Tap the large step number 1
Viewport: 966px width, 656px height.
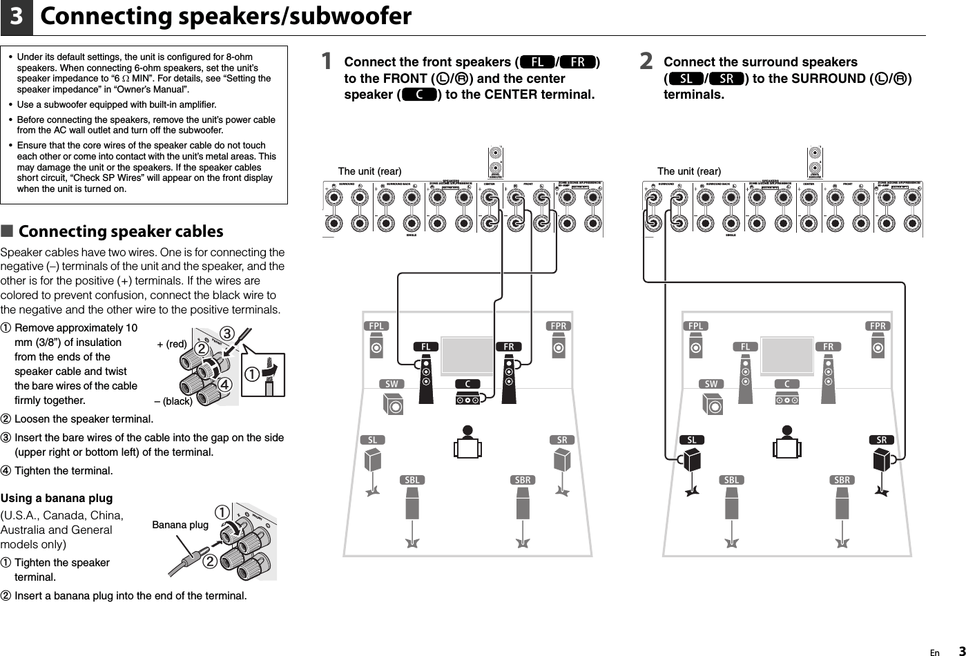[327, 62]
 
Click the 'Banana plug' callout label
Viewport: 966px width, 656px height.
[180, 525]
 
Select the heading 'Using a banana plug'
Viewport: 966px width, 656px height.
[57, 498]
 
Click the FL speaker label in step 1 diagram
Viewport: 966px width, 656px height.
[426, 346]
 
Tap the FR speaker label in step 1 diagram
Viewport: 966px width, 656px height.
[508, 346]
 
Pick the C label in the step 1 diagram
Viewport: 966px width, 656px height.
[467, 384]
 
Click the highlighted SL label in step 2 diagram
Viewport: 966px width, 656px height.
[692, 440]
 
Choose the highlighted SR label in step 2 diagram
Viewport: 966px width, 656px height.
[881, 440]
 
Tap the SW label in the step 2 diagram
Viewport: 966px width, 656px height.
[711, 384]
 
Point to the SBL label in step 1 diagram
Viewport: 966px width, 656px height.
[412, 480]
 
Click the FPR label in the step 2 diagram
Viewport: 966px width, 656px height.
[878, 326]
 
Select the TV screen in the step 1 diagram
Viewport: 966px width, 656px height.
[467, 355]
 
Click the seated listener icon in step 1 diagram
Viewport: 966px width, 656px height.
[467, 442]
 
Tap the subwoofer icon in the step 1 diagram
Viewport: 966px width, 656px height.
[394, 404]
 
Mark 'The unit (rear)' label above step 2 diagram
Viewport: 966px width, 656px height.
[688, 171]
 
